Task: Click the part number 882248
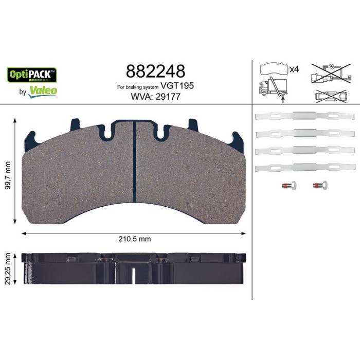coord(155,71)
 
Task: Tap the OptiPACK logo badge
coord(32,75)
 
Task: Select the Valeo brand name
coord(43,91)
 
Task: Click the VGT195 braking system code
coord(177,86)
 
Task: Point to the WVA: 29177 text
coord(156,97)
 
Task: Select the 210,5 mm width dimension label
coord(135,239)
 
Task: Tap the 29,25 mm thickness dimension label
coord(8,268)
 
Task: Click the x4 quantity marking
coord(294,69)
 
